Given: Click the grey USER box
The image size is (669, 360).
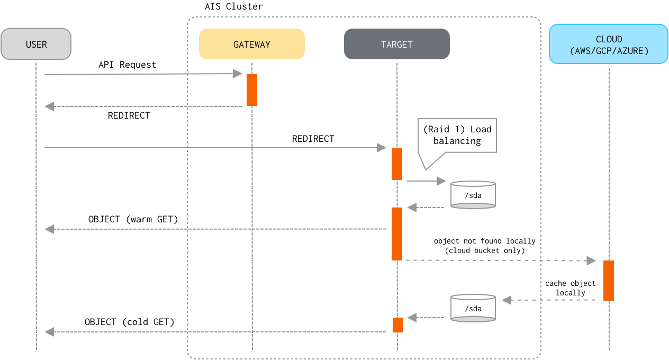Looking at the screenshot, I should [36, 44].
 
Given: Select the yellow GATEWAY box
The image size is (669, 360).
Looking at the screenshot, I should [252, 44].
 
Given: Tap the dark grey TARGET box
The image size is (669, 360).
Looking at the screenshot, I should [397, 44].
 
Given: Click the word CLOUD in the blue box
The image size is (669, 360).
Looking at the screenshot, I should [609, 39].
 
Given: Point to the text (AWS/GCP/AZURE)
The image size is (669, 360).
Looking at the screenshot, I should [609, 51].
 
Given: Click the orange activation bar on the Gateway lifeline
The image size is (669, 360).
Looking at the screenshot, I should [252, 90].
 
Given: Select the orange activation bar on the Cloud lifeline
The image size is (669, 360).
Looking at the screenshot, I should [609, 280].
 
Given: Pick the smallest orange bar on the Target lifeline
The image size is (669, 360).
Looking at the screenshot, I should [398, 325].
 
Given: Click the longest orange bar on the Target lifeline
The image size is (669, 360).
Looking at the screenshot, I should [397, 233].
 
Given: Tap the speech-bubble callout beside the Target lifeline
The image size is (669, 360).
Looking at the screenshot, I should [458, 136].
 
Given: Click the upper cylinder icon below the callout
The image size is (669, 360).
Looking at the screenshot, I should [473, 195].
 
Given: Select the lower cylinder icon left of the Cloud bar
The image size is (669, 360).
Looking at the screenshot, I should [473, 308].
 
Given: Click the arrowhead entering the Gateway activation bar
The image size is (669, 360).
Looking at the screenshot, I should [238, 74].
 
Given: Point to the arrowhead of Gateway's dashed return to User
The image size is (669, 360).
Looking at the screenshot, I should [49, 106].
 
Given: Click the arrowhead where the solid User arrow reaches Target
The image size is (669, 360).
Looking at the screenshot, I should [382, 148].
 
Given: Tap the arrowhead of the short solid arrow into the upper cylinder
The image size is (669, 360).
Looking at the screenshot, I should [441, 181].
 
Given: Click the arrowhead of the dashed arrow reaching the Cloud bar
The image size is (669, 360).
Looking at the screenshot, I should [592, 260].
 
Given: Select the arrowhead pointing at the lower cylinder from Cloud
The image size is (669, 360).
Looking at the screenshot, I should [507, 300].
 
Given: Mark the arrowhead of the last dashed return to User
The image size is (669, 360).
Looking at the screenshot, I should [49, 332].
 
